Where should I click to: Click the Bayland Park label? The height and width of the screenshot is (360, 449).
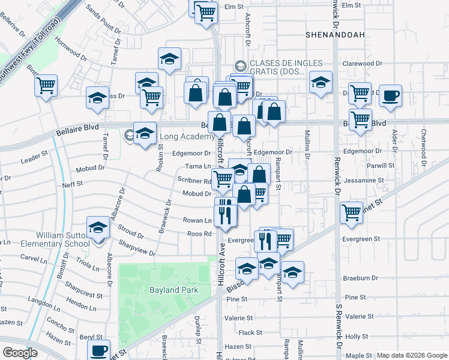click(x=173, y=290)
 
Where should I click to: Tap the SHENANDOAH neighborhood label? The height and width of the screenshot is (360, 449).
click(x=335, y=35)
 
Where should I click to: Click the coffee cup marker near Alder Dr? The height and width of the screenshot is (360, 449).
click(x=390, y=96)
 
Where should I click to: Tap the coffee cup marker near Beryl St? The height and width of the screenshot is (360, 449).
click(x=99, y=350)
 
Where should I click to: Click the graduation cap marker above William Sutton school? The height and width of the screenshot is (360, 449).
click(x=98, y=227)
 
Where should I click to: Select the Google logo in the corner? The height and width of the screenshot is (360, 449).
click(x=20, y=353)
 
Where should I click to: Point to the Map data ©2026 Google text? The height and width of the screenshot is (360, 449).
click(x=412, y=355)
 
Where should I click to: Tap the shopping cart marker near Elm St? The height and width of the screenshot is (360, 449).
click(x=206, y=12)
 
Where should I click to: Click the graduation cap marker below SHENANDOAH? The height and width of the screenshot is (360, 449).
click(x=321, y=83)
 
